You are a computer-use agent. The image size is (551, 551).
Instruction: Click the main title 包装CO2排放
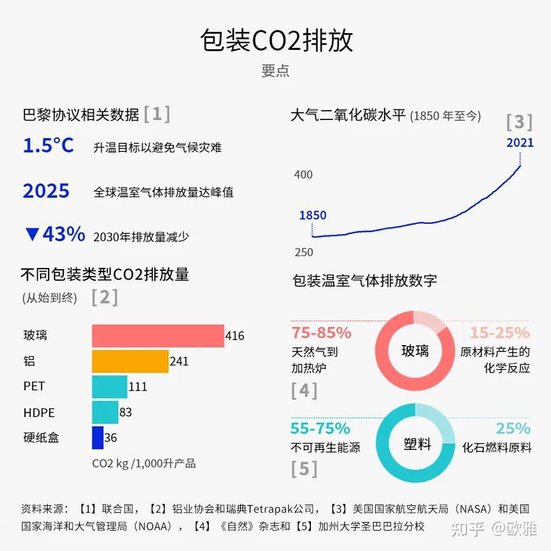[x=276, y=41]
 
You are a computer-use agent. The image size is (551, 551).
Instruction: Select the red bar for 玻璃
[x=158, y=336]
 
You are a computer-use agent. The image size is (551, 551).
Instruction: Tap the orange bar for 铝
[x=130, y=361]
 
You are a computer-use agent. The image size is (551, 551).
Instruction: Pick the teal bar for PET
[x=110, y=387]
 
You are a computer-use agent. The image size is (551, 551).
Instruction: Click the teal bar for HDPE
[x=105, y=412]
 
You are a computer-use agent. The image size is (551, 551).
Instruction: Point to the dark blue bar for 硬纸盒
[x=97, y=438]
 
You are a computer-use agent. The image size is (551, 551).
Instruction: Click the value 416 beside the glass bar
[x=235, y=336]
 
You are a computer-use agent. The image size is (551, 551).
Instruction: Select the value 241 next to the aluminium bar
[x=179, y=361]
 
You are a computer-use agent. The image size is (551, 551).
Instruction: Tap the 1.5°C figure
[x=48, y=146]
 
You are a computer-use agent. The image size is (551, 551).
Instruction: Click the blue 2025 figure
[x=46, y=191]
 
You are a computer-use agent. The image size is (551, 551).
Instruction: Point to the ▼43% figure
[x=55, y=234]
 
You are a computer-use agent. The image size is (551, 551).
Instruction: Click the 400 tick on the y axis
[x=303, y=175]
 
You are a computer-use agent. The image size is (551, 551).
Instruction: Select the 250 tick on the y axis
[x=303, y=252]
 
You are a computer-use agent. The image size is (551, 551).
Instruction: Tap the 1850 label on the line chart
[x=313, y=215]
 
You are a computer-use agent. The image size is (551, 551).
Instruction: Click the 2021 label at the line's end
[x=520, y=143]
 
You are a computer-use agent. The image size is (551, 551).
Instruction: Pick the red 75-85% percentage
[x=321, y=333]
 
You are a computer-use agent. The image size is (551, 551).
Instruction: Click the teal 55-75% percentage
[x=320, y=429]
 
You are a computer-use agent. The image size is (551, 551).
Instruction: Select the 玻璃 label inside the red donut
[x=415, y=351]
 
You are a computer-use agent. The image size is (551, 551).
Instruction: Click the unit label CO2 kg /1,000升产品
[x=144, y=463]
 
